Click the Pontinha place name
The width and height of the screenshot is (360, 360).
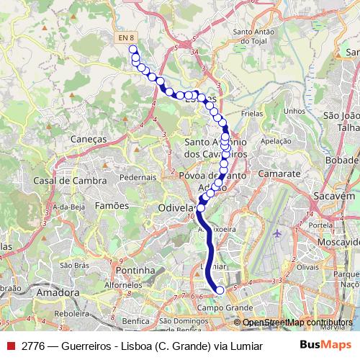click(x=134, y=270)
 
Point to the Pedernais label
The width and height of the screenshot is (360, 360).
click(x=138, y=176)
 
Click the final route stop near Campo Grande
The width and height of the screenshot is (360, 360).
click(x=220, y=291)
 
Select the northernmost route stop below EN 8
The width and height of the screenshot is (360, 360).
click(x=132, y=50)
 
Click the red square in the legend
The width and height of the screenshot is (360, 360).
click(x=12, y=344)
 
